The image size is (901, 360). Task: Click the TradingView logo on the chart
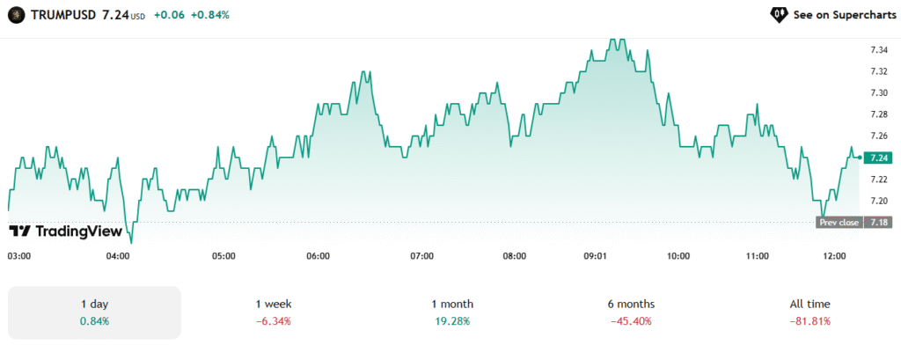64,231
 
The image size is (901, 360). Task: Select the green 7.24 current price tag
877,158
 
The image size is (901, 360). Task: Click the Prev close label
839,223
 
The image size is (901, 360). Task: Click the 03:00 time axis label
19,256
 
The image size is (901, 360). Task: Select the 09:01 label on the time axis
596,256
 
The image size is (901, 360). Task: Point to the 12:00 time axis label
835,256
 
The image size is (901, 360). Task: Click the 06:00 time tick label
318,256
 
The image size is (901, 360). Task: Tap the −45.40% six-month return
630,321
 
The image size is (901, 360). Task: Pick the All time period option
809,312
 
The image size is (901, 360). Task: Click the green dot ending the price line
859,158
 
